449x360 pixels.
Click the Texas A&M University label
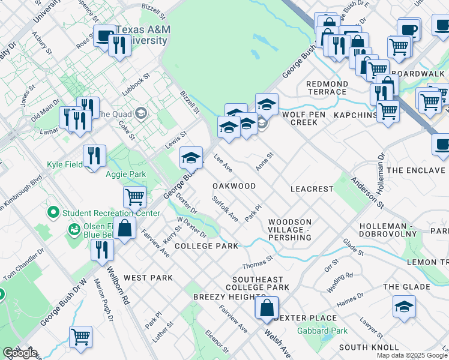pyautogui.click(x=141, y=35)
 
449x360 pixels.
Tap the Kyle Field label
pyautogui.click(x=67, y=164)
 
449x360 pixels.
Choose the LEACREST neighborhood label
pyautogui.click(x=312, y=188)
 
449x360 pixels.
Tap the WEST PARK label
pyautogui.click(x=148, y=278)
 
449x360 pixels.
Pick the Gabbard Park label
pyautogui.click(x=322, y=331)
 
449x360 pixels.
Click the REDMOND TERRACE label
pyautogui.click(x=327, y=88)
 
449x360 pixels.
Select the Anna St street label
pyautogui.click(x=265, y=161)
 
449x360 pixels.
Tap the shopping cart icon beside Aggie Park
pyautogui.click(x=134, y=196)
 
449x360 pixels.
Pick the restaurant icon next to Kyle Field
pyautogui.click(x=94, y=156)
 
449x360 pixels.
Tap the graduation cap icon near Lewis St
pyautogui.click(x=191, y=158)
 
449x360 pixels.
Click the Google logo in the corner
pyautogui.click(x=20, y=353)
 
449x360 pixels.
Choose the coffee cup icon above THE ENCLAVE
pyautogui.click(x=443, y=145)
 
